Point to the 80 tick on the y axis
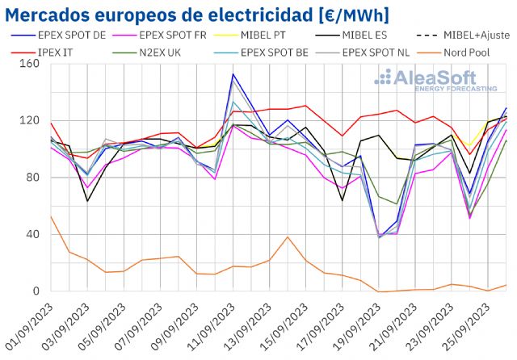pyautogui.click(x=32, y=178)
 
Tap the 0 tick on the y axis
pyautogui.click(x=35, y=291)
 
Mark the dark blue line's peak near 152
pyautogui.click(x=233, y=74)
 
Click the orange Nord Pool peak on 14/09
pyautogui.click(x=288, y=237)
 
